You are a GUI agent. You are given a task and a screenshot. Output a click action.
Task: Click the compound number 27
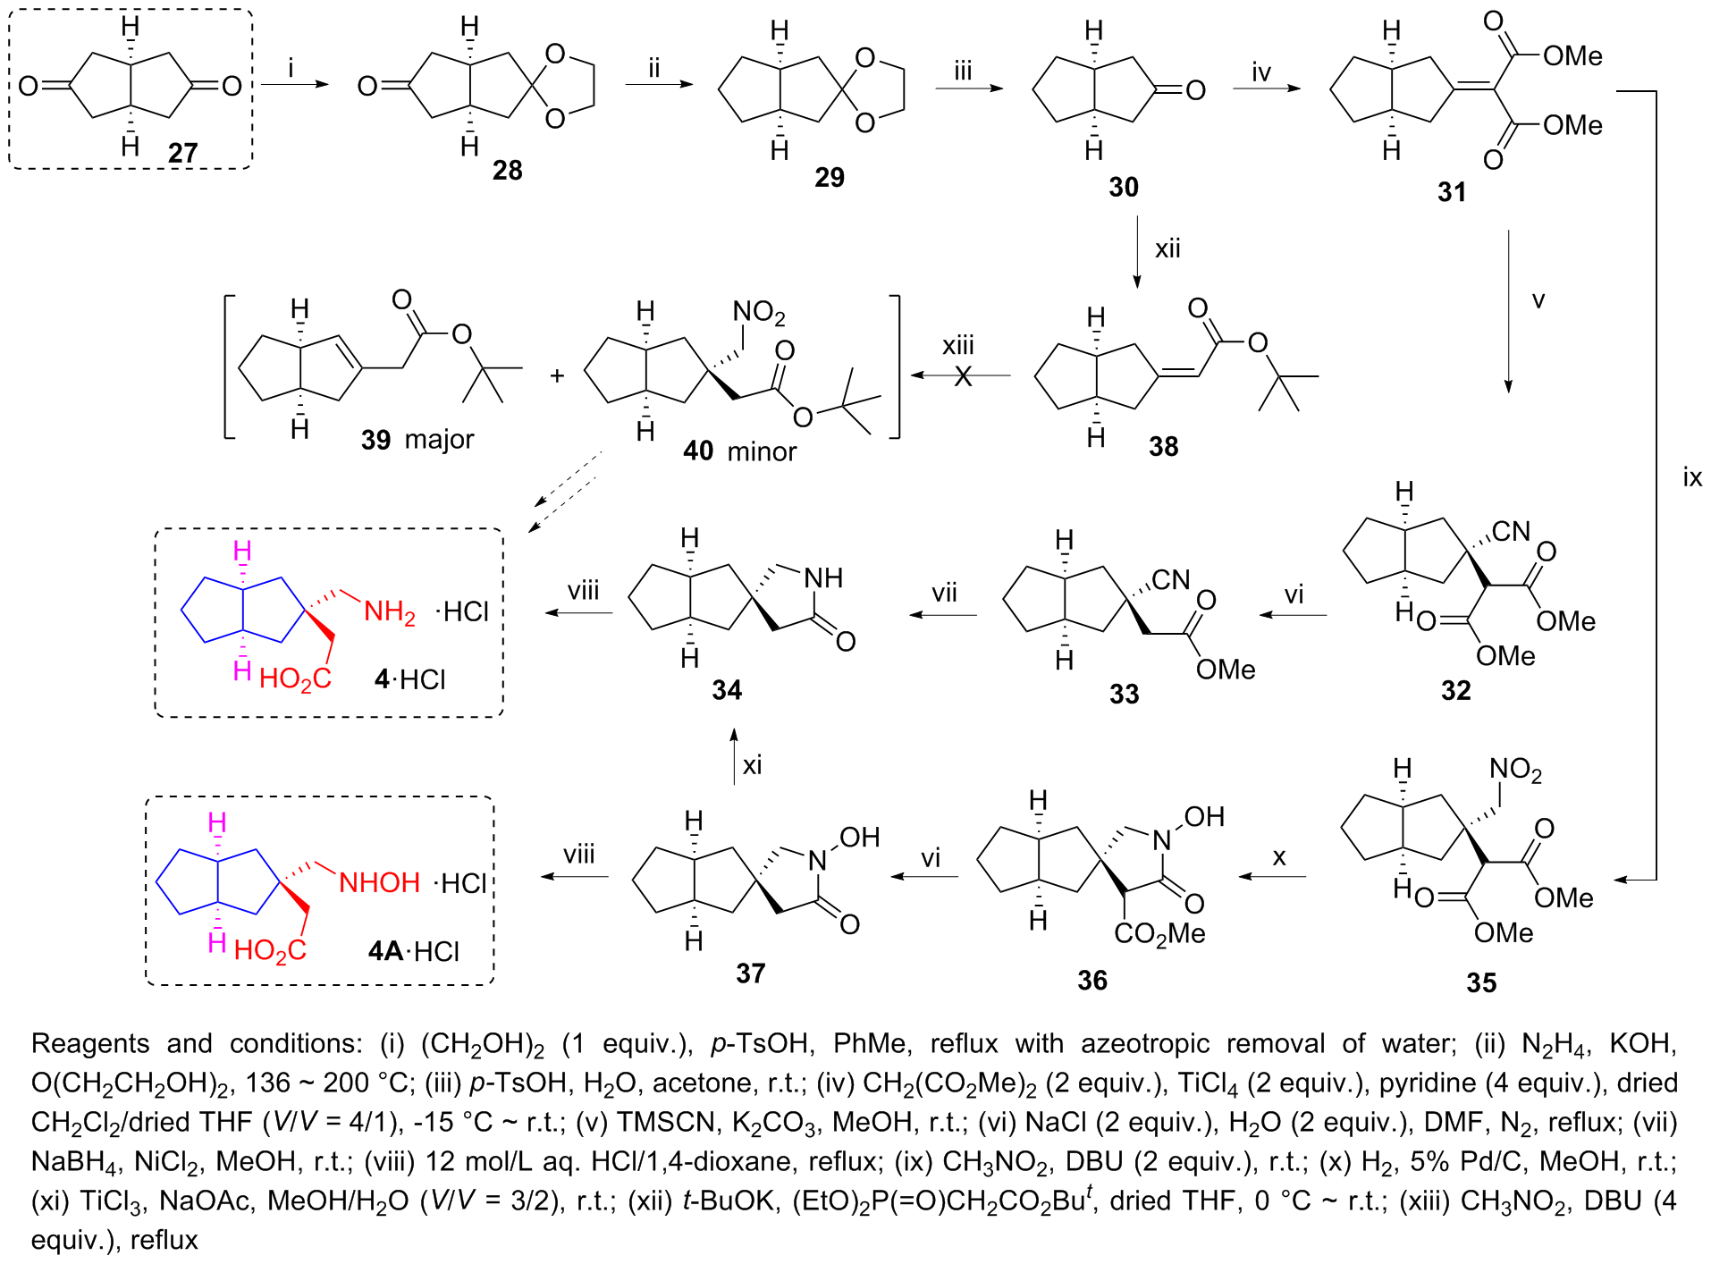pyautogui.click(x=183, y=153)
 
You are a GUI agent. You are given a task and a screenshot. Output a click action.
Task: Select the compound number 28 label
pyautogui.click(x=507, y=170)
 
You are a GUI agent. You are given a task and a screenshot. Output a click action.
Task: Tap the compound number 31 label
pyautogui.click(x=1451, y=191)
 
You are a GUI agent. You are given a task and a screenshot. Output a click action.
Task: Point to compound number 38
pyautogui.click(x=1163, y=446)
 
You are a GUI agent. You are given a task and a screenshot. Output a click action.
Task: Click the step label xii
pyautogui.click(x=1167, y=249)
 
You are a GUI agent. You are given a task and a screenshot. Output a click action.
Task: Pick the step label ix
pyautogui.click(x=1691, y=477)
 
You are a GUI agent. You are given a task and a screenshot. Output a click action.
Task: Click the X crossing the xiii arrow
pyautogui.click(x=963, y=376)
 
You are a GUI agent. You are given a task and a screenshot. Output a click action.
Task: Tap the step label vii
pyautogui.click(x=944, y=593)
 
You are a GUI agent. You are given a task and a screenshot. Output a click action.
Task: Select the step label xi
pyautogui.click(x=752, y=765)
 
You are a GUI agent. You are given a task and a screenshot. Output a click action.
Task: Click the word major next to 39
pyautogui.click(x=439, y=439)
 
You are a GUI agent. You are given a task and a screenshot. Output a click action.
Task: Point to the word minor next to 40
pyautogui.click(x=762, y=451)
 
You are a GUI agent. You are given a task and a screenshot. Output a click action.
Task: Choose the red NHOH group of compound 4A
pyautogui.click(x=379, y=882)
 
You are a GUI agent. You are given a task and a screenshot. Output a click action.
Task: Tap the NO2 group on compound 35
pyautogui.click(x=1515, y=770)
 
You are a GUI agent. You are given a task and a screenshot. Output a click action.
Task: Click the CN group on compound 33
pyautogui.click(x=1170, y=580)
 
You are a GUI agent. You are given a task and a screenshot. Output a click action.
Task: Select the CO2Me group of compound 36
pyautogui.click(x=1159, y=934)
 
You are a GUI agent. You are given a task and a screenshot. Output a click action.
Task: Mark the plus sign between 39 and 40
pyautogui.click(x=557, y=376)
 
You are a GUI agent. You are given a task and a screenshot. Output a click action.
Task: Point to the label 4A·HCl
pyautogui.click(x=414, y=950)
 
